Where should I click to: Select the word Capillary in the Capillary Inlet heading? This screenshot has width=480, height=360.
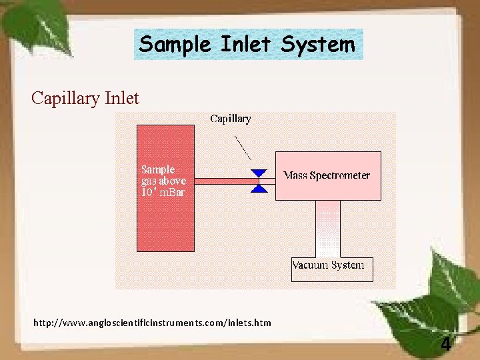[65, 99]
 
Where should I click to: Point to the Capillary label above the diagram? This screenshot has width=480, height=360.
[231, 119]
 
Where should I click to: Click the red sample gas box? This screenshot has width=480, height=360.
[165, 220]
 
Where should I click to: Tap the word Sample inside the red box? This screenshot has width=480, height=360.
[158, 169]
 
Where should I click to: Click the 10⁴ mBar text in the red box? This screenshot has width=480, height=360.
[162, 192]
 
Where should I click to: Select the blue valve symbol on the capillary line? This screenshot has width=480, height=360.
[259, 181]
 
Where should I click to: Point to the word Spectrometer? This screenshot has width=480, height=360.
[340, 176]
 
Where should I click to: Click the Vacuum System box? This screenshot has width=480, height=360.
[332, 269]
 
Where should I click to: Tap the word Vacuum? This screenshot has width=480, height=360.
[311, 265]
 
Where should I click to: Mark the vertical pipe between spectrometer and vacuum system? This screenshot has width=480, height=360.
[327, 229]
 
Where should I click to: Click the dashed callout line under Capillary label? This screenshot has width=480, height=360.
[243, 147]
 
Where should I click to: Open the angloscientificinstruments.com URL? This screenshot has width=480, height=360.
[153, 323]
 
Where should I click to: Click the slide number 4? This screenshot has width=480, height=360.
[445, 345]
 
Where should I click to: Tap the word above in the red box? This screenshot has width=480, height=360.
[173, 181]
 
